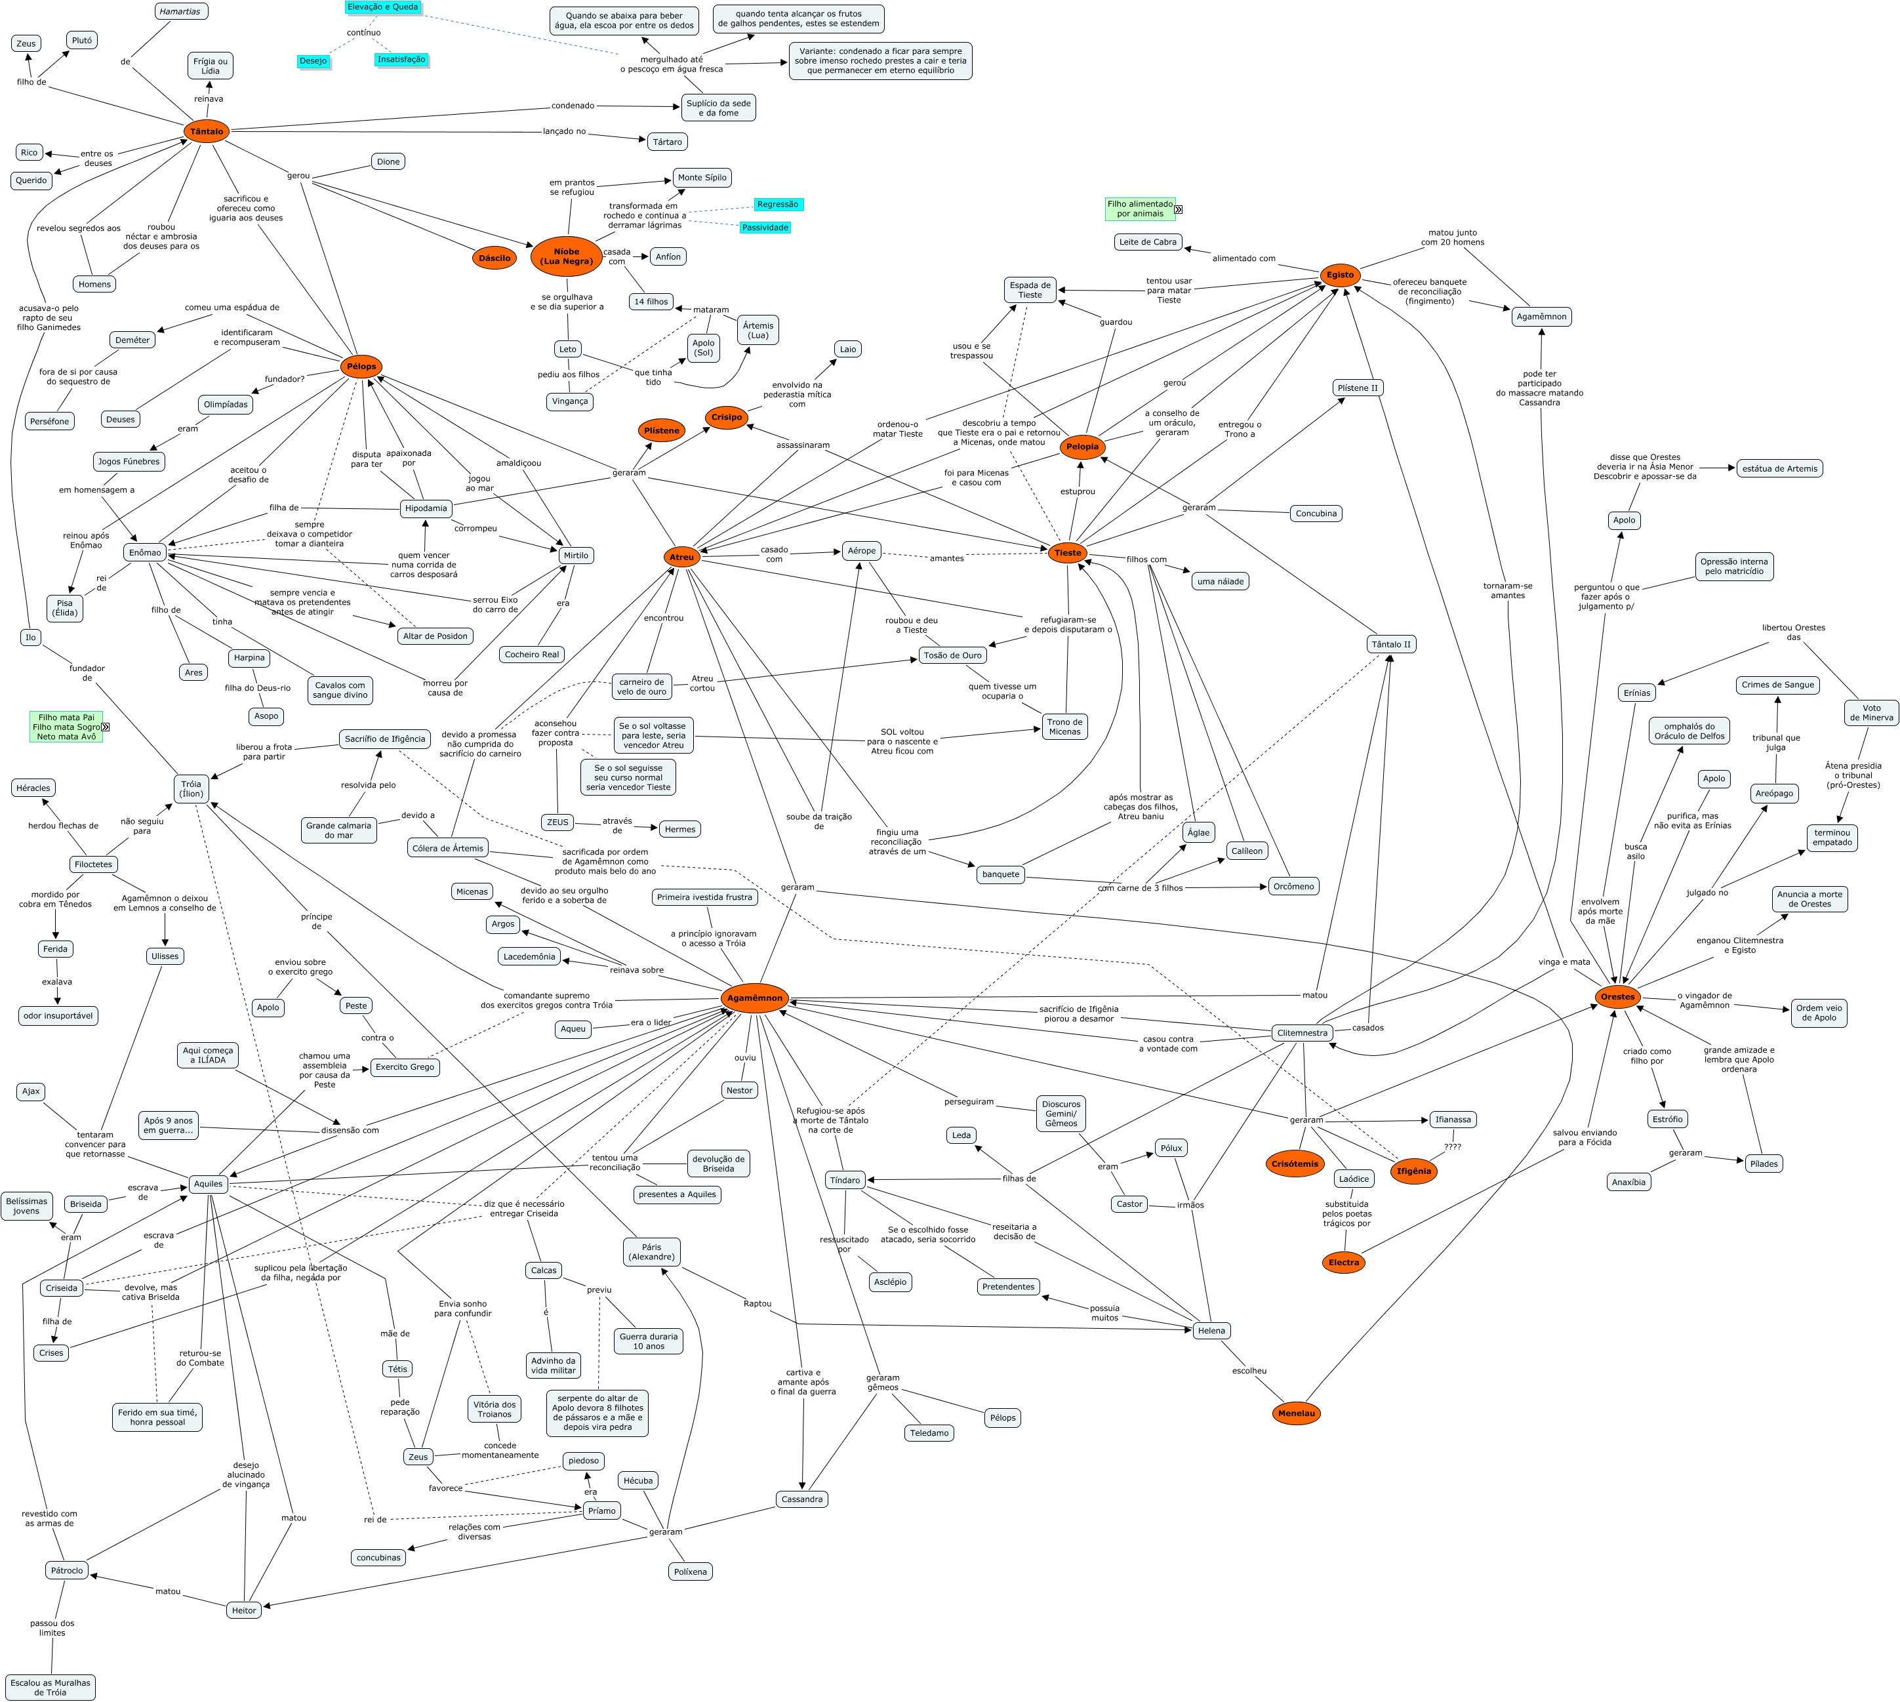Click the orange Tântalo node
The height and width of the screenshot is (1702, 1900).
point(207,132)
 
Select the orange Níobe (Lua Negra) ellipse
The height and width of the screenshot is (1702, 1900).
point(566,256)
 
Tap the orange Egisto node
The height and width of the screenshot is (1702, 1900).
point(1339,275)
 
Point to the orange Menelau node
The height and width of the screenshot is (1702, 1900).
point(1296,1413)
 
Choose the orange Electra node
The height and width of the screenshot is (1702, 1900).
point(1344,1263)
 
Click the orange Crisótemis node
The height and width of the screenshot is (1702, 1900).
point(1294,1164)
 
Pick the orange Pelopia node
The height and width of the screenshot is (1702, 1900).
point(1082,447)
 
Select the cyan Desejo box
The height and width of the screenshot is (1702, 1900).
point(313,61)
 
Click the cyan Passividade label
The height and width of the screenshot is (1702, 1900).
point(765,227)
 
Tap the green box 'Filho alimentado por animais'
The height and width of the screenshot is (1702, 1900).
point(1140,209)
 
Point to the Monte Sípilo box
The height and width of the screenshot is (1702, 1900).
point(701,178)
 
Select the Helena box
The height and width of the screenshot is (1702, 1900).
point(1211,1330)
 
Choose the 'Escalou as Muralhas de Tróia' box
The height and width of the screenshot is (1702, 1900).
point(51,1687)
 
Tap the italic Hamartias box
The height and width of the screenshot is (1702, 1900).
point(180,11)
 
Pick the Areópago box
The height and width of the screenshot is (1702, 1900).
point(1774,793)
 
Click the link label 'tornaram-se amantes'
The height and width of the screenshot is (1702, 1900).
point(1507,590)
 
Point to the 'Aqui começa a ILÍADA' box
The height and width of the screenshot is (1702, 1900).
point(209,1055)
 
